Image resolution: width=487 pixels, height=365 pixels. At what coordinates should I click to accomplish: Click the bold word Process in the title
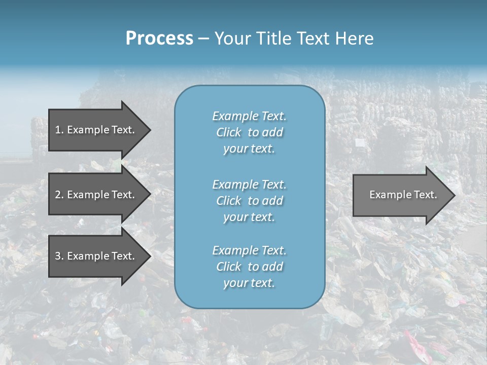pos(159,39)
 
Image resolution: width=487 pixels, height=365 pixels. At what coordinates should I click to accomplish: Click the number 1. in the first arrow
pos(59,130)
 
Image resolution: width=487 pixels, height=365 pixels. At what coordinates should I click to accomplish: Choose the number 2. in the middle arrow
pos(59,195)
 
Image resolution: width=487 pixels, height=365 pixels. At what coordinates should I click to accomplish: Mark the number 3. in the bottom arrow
pos(59,256)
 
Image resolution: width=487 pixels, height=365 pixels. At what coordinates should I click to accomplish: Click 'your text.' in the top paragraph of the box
pos(249,149)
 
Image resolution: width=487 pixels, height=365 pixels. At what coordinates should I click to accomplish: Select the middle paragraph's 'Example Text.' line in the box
pos(249,185)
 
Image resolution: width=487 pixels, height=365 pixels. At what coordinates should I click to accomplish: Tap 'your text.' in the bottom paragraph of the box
pos(249,283)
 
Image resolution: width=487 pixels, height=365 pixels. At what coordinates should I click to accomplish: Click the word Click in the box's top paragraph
pos(229,133)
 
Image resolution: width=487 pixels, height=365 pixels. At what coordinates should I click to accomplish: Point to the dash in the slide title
pos(203,39)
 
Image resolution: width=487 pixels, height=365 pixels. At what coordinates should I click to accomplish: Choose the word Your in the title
pos(231,39)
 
